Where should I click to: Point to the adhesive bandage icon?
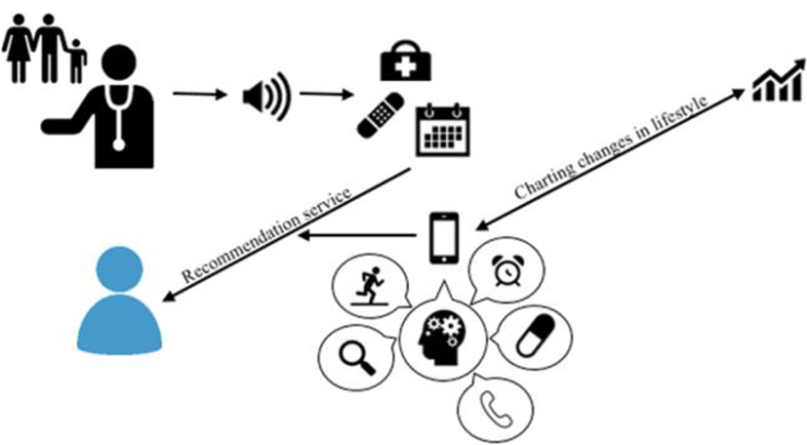point(382,114)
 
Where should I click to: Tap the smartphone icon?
point(444,237)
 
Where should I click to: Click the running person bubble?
point(369,286)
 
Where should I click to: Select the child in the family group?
point(76,58)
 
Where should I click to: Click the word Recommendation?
point(226,245)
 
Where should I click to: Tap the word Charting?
point(538,186)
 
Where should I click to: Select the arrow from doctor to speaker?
point(200,96)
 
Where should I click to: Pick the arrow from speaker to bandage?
point(326,96)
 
